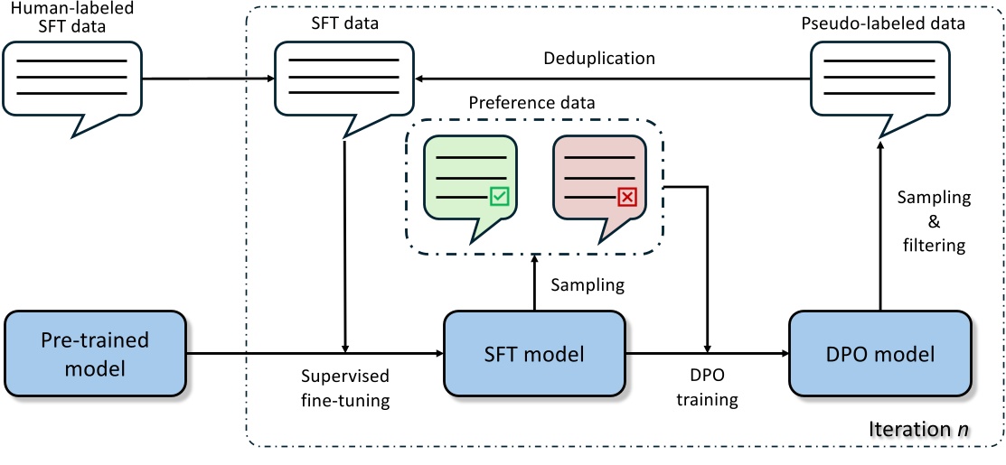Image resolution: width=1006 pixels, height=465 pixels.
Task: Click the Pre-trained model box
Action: coord(95,354)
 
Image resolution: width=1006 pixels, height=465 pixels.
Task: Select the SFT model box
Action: coord(533,354)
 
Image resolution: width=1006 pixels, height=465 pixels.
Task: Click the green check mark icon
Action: coord(498,196)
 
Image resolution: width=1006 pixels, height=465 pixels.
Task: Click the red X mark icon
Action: coord(627,196)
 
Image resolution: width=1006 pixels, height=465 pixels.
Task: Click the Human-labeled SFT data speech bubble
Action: coord(71,81)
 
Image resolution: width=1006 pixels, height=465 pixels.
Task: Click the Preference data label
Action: coord(531,102)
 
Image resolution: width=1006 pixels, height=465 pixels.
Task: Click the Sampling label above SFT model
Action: coord(588,284)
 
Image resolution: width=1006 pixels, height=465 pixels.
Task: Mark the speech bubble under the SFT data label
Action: coord(344,81)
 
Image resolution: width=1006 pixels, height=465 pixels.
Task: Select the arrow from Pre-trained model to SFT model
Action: coord(316,354)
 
